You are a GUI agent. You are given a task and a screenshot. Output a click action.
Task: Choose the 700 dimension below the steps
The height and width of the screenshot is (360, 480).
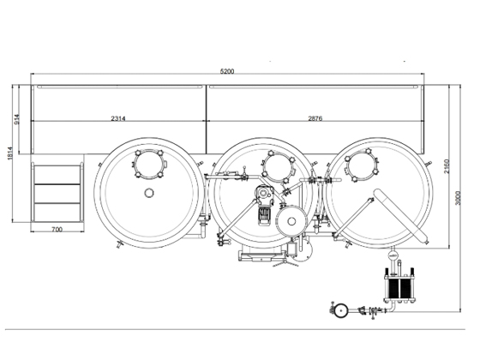(57, 230)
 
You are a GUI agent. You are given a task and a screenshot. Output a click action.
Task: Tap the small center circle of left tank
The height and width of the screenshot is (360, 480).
(150, 192)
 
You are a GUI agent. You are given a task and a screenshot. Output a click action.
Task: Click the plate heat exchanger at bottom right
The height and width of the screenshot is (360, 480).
(400, 289)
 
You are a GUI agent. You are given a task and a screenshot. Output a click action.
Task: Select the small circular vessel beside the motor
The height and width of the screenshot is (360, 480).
(294, 220)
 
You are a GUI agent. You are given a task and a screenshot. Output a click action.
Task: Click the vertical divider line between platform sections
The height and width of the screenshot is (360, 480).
(206, 117)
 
